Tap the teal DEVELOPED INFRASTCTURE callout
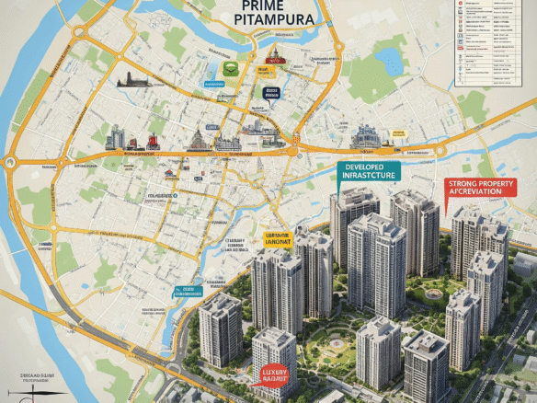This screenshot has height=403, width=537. [x=368, y=172]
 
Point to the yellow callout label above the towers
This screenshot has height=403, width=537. [x=277, y=240]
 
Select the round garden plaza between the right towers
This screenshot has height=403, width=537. [x=430, y=295]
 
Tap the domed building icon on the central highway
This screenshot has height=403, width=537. [x=195, y=141]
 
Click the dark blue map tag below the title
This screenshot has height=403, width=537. [x=271, y=92]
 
